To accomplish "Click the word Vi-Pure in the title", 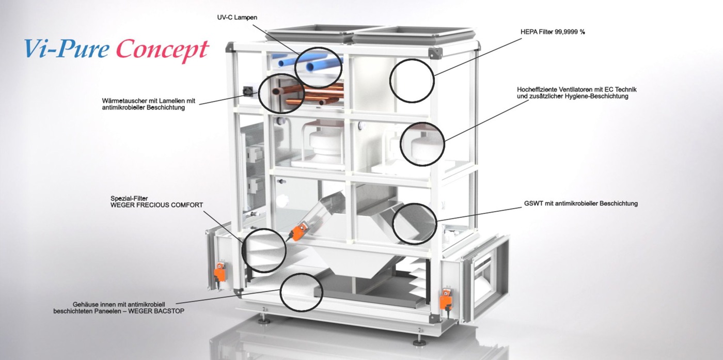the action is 66,49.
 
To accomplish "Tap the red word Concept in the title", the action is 163,50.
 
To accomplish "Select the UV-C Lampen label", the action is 237,18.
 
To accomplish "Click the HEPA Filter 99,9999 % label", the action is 553,32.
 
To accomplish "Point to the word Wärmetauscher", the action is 125,101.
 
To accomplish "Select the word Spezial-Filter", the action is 129,198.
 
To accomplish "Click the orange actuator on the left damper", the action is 220,272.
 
